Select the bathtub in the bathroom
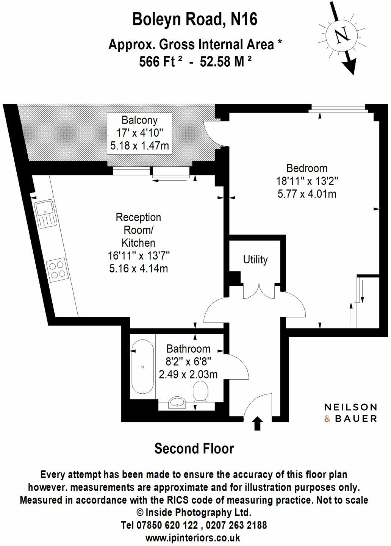(142, 366)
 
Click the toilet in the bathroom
(200, 392)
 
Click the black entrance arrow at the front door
(258, 423)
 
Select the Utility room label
(255, 260)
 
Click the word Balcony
(139, 120)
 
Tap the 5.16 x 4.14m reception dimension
(138, 269)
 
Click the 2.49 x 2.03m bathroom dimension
(188, 375)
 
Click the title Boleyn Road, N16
(195, 19)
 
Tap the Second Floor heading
(194, 449)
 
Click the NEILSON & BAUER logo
(350, 413)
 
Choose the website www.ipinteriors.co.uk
(193, 537)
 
